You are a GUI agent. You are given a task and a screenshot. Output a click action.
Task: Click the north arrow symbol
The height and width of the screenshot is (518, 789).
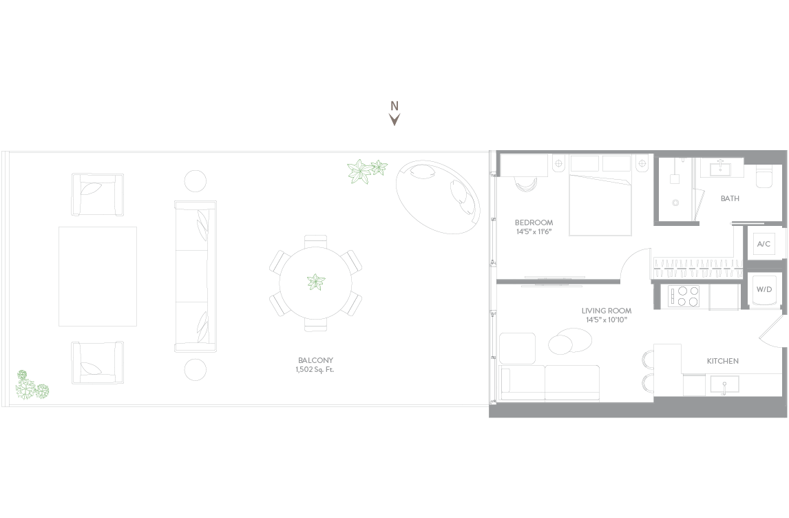pos(394,119)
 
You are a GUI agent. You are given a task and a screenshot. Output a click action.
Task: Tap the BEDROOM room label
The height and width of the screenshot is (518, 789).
pos(534,222)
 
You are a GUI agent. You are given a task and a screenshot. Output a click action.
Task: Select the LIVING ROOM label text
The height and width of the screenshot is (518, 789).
pos(607,311)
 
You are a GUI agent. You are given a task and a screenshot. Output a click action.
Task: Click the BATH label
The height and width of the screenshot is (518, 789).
pos(730,198)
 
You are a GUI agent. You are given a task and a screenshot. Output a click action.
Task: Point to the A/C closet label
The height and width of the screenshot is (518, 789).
pos(764,244)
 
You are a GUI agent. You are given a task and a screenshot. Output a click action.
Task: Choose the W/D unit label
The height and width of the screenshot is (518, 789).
pos(764,289)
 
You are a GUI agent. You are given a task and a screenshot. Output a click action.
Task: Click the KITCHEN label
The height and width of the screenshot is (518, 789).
pos(723,361)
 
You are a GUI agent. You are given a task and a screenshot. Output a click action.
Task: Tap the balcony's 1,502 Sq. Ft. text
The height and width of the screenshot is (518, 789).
pos(315,369)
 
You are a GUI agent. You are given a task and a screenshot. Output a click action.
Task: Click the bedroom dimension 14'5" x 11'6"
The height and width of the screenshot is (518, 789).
pos(534,231)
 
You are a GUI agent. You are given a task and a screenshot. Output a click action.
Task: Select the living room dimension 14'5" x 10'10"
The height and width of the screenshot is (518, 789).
pos(607,320)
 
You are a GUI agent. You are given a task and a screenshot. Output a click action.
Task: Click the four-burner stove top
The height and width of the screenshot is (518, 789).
pos(684,296)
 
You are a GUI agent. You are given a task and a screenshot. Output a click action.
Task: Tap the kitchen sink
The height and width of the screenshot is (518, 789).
pos(724,384)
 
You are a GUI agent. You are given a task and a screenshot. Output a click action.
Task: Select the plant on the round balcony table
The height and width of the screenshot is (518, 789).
pos(316,282)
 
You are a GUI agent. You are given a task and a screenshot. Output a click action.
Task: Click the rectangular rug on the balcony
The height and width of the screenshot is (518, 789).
pos(98,276)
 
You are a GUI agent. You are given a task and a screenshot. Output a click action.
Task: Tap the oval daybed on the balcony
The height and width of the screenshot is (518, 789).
pos(438,197)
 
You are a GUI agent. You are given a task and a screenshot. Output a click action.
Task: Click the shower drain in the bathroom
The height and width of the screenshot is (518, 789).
pos(675,203)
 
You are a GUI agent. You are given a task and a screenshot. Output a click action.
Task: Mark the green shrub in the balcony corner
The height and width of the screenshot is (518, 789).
pos(31,386)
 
